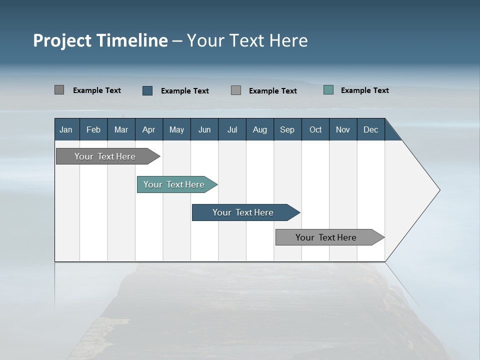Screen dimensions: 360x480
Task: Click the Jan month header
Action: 66,129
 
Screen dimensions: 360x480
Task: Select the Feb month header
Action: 93,129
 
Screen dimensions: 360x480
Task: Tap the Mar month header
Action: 121,129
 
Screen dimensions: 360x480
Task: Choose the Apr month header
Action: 149,129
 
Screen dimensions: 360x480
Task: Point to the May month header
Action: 176,129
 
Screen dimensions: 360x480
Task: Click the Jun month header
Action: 204,129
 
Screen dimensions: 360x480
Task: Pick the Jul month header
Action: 232,129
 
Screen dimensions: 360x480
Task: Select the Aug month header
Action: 260,129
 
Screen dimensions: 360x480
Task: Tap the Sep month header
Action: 287,129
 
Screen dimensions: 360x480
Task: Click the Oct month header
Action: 315,129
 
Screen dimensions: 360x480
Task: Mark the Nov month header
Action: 343,129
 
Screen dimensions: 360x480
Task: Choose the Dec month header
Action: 371,129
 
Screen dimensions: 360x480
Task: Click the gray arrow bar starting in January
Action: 105,156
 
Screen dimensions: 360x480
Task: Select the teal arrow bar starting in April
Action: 174,184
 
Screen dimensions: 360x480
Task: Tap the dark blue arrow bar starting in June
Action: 243,212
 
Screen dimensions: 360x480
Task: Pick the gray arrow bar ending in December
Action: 326,237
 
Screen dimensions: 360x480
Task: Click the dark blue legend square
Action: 147,90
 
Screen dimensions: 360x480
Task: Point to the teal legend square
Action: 328,90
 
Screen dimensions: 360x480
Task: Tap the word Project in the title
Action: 62,40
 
